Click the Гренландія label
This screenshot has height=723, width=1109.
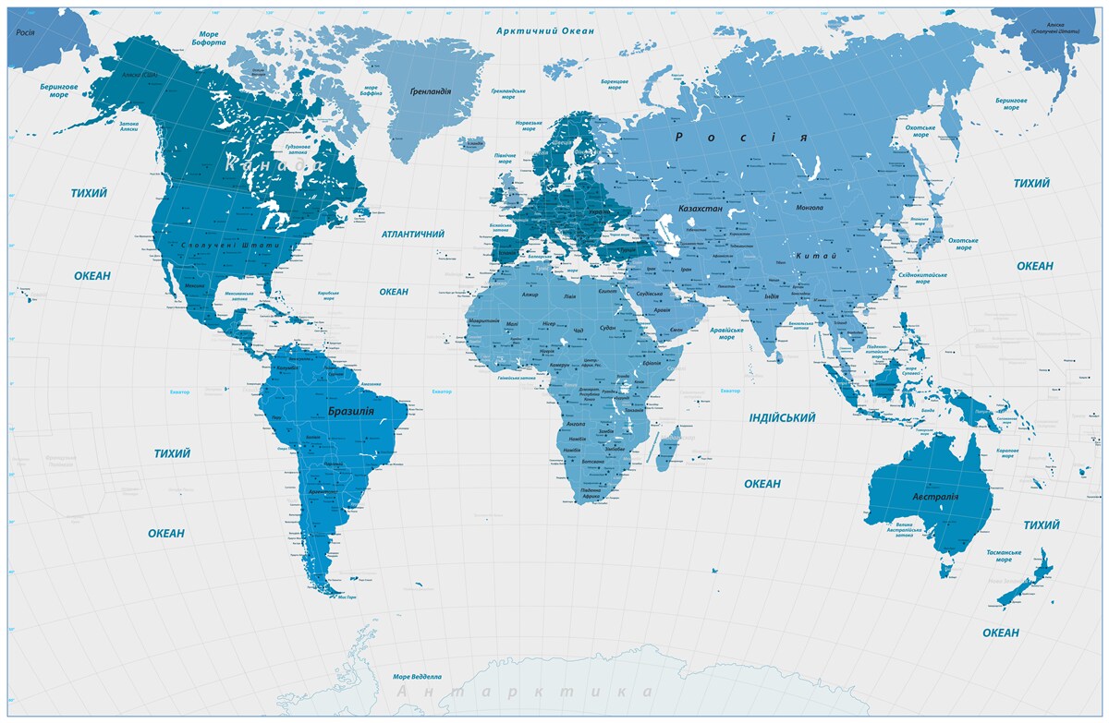click(430, 91)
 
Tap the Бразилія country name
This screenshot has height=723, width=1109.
click(350, 410)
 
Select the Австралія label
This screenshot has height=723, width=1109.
click(935, 497)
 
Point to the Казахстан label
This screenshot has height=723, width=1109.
click(700, 210)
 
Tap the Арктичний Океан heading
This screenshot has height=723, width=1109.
click(544, 30)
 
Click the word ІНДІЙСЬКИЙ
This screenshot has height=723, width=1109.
click(782, 418)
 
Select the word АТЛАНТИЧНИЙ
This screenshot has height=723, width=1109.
click(412, 235)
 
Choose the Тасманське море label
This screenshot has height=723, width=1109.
click(1004, 555)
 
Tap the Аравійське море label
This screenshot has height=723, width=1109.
click(726, 333)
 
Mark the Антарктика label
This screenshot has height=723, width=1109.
click(524, 692)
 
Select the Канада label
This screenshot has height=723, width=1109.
click(272, 165)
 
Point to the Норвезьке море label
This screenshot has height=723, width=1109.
click(529, 127)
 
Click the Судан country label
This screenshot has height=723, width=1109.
click(607, 328)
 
